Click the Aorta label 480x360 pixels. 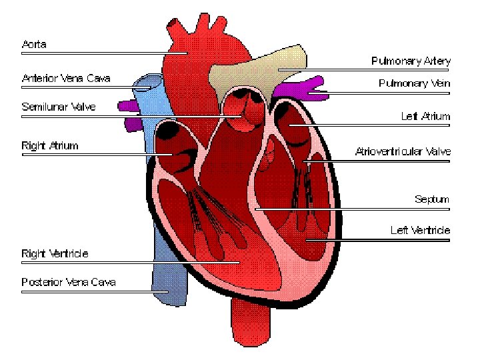point(34,45)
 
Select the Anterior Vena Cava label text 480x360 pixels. point(66,79)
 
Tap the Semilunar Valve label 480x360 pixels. point(59,107)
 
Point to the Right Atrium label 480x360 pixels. point(50,145)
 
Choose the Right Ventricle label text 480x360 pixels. point(55,253)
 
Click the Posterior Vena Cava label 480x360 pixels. point(69,282)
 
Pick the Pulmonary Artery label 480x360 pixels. point(411,61)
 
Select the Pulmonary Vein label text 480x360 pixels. point(414,84)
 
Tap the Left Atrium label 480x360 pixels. point(425,116)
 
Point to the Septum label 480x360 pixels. point(432,199)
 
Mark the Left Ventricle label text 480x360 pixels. point(420,231)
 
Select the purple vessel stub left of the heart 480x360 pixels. point(126,105)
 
